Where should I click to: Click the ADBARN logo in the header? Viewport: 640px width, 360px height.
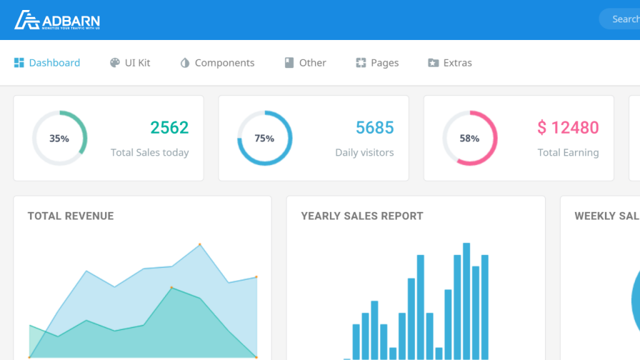[x=57, y=20]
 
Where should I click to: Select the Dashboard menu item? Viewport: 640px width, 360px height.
[x=47, y=63]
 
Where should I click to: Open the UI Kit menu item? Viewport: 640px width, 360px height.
[x=130, y=63]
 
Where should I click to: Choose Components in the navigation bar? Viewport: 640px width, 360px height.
[x=217, y=63]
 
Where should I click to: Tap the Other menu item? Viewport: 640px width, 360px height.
[x=306, y=63]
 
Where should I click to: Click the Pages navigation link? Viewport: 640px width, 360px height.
[x=377, y=63]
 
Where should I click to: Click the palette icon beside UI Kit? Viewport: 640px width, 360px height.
[x=115, y=63]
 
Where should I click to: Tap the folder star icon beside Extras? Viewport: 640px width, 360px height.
[x=433, y=63]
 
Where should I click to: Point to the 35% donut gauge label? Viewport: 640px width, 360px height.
[x=59, y=139]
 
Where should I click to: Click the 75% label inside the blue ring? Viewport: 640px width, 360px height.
[x=264, y=139]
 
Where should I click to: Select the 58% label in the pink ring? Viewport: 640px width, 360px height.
[x=469, y=139]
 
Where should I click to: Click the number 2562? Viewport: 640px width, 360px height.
[x=169, y=128]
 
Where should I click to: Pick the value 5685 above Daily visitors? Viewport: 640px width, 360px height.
[x=375, y=128]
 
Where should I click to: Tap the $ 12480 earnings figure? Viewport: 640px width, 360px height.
[x=568, y=128]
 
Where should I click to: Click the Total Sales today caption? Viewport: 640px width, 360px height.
[x=149, y=152]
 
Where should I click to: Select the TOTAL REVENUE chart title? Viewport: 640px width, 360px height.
[x=71, y=216]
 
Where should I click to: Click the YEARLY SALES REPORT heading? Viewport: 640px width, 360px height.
[x=362, y=216]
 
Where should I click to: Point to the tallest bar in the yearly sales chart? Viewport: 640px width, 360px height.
[x=466, y=300]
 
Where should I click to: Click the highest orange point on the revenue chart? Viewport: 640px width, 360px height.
[x=200, y=244]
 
